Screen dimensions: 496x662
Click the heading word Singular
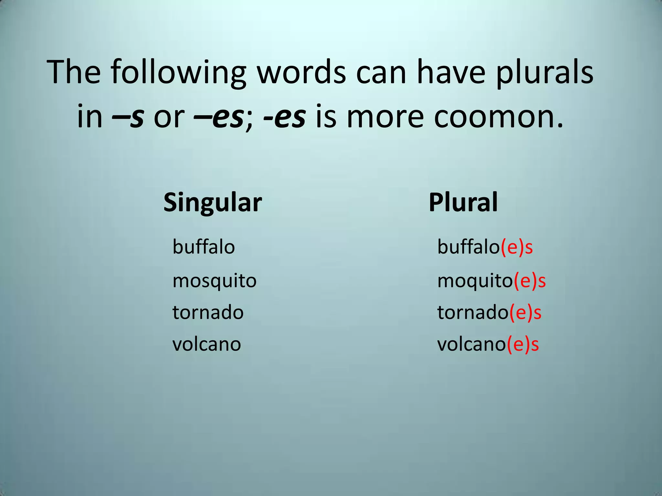(x=212, y=202)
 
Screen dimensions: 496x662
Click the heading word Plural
(x=463, y=202)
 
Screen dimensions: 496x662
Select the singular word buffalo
(x=204, y=247)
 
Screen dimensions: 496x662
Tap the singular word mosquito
(x=214, y=281)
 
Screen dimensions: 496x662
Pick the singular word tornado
(x=208, y=313)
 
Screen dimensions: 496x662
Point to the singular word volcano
(x=207, y=344)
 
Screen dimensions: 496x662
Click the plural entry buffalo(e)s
(x=485, y=247)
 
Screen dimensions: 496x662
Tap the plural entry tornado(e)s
(x=489, y=313)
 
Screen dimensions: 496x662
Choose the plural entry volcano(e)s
(x=488, y=345)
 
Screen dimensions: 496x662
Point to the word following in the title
(x=178, y=73)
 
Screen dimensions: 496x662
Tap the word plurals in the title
(x=544, y=73)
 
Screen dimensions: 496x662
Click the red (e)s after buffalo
(x=517, y=247)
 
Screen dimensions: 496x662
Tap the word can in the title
(x=381, y=73)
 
